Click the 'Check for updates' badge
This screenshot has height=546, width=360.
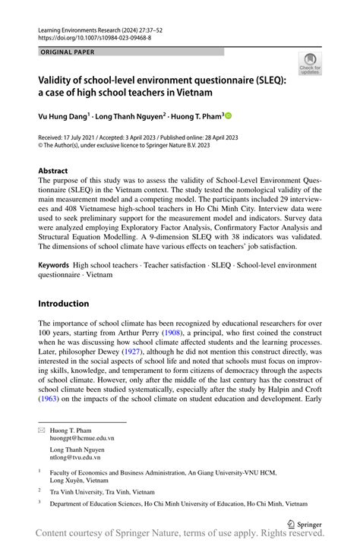tap(309, 64)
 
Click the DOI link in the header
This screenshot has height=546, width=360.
tap(94, 36)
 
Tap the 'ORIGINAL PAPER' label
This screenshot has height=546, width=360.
tap(69, 52)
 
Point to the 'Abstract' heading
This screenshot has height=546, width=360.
tap(53, 171)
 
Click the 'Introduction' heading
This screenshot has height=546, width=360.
tap(64, 304)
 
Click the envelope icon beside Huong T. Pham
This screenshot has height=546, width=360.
tap(43, 430)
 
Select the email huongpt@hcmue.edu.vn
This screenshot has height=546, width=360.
tap(82, 438)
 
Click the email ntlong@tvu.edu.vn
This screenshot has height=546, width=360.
tap(78, 458)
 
